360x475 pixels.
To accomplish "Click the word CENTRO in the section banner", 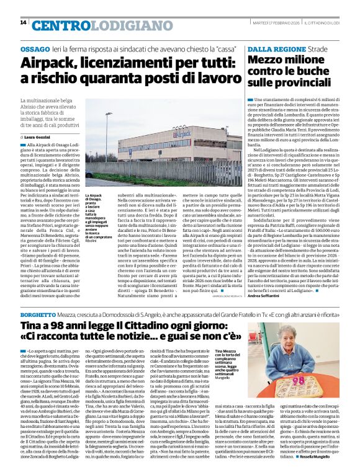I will (57, 25).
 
